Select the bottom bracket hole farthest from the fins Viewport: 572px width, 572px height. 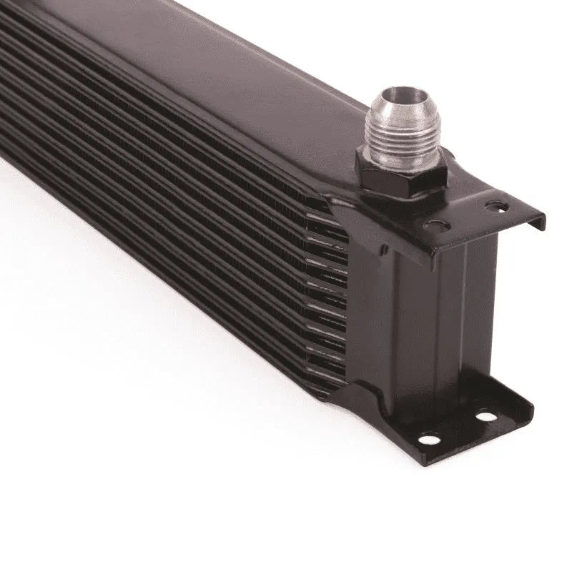(486, 415)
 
